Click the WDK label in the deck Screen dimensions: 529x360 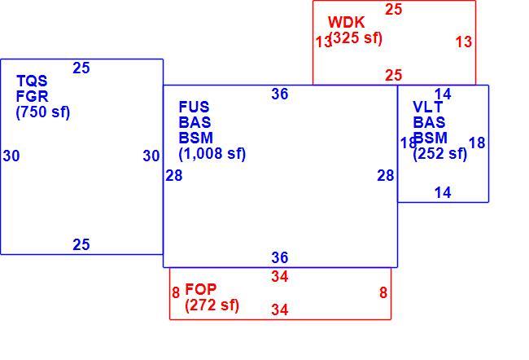(x=346, y=22)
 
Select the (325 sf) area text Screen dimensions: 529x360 (x=356, y=37)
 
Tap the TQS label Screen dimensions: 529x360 (x=32, y=81)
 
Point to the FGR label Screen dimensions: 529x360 (x=32, y=97)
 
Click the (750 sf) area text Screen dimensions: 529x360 (x=43, y=112)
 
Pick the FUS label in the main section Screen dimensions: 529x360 (x=194, y=107)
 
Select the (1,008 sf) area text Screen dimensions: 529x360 (x=212, y=154)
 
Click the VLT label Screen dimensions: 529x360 (x=428, y=107)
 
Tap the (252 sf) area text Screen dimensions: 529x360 (x=440, y=154)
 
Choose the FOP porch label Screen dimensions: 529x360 (x=201, y=289)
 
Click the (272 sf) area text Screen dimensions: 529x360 (x=212, y=305)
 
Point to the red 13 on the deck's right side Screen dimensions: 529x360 (x=464, y=42)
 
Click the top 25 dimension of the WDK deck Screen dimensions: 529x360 (x=394, y=10)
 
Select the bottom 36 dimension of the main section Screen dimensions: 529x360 (x=280, y=257)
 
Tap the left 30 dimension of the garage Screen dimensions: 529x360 (x=11, y=156)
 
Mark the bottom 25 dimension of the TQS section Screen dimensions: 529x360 (x=81, y=244)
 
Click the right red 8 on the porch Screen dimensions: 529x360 (x=383, y=292)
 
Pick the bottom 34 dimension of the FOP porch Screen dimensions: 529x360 (x=280, y=310)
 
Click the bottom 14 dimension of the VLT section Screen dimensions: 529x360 (x=443, y=193)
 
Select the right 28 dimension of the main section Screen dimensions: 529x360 (x=386, y=176)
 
